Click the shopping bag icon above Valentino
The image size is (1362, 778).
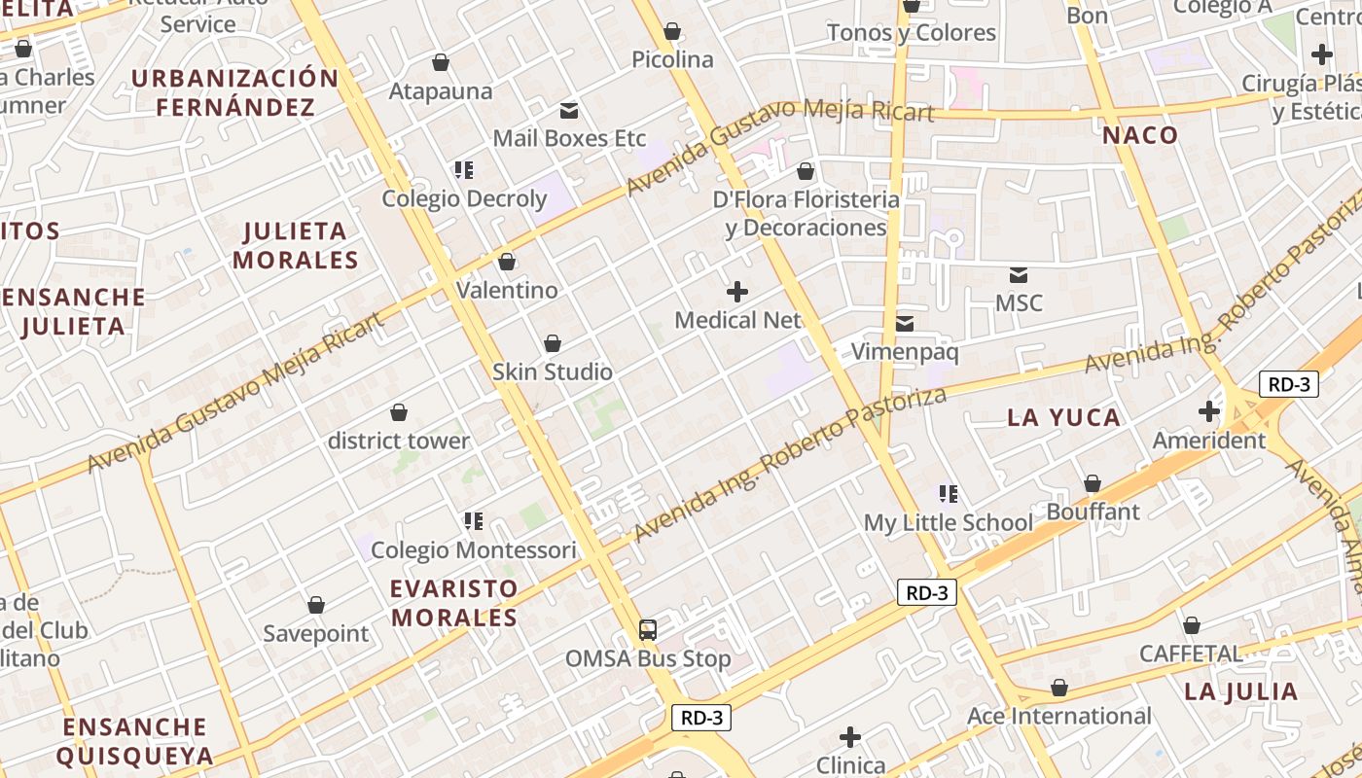(506, 262)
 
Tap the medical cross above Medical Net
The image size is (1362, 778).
(737, 291)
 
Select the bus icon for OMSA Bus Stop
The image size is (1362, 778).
(648, 629)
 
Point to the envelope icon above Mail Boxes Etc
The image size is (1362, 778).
(568, 111)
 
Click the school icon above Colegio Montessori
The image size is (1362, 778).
(473, 521)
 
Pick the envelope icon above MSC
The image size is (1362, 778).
(1019, 275)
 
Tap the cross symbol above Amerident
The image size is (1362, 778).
(1209, 411)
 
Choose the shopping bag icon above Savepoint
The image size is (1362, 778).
(316, 606)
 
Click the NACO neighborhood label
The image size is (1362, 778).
(1140, 135)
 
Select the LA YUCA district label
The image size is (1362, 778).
(1063, 418)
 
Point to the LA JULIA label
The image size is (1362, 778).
(1241, 692)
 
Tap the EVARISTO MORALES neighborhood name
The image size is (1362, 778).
(454, 603)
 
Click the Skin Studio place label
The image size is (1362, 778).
(553, 371)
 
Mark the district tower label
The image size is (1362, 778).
(399, 441)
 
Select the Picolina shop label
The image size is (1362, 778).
(672, 59)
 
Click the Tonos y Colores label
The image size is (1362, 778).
(912, 33)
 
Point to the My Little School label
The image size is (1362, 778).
(949, 522)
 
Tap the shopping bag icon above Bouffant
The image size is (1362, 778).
(1093, 483)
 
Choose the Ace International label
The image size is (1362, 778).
(1059, 717)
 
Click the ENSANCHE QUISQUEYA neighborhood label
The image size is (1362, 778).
(134, 741)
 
